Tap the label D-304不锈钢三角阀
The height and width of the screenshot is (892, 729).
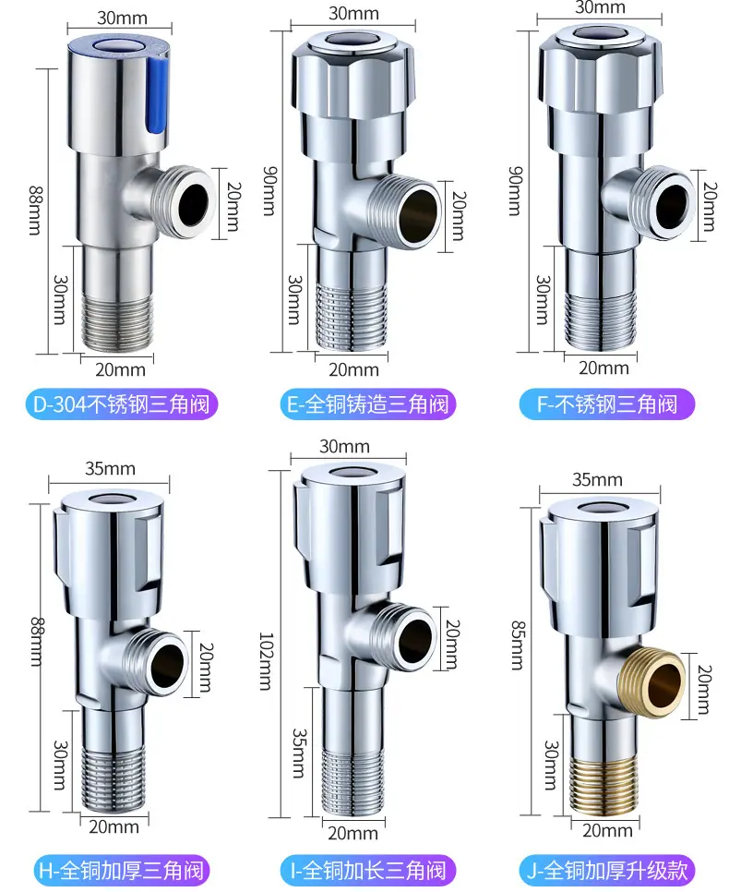[122, 404]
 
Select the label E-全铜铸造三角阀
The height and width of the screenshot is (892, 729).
[368, 404]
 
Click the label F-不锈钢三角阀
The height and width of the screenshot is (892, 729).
[607, 404]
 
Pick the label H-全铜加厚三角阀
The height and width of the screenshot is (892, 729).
[121, 871]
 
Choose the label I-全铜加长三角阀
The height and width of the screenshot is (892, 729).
[368, 871]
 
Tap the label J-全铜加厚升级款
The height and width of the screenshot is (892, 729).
[607, 871]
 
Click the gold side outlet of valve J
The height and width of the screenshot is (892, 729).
[657, 681]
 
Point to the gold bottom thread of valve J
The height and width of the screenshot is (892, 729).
[602, 785]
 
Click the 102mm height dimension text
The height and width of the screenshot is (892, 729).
[266, 661]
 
